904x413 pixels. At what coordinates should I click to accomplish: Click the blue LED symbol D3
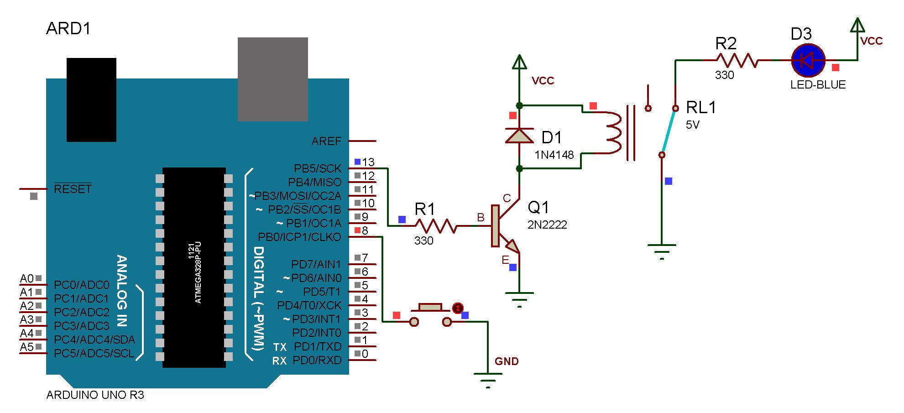[x=807, y=60]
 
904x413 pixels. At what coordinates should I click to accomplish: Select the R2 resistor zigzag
[x=737, y=60]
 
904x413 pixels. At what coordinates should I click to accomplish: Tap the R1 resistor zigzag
[x=436, y=226]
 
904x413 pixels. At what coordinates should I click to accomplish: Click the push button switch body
[x=430, y=308]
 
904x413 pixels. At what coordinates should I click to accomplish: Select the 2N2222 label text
[x=547, y=225]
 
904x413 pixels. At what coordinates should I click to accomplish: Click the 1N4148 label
[x=554, y=155]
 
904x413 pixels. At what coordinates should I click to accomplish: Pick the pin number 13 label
[x=368, y=162]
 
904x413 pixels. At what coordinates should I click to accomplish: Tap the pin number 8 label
[x=365, y=230]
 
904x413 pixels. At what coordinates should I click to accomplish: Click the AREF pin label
[x=326, y=141]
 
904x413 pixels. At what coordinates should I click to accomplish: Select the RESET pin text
[x=73, y=189]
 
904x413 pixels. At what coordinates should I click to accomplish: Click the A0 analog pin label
[x=27, y=278]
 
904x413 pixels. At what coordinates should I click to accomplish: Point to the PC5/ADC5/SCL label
[x=94, y=354]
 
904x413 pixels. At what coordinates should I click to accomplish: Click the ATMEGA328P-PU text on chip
[x=198, y=273]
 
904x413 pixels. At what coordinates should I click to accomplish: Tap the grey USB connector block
[x=272, y=79]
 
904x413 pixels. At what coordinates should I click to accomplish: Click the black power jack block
[x=91, y=99]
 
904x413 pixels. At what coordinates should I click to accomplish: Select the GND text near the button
[x=507, y=361]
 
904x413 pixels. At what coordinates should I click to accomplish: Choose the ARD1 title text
[x=68, y=29]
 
